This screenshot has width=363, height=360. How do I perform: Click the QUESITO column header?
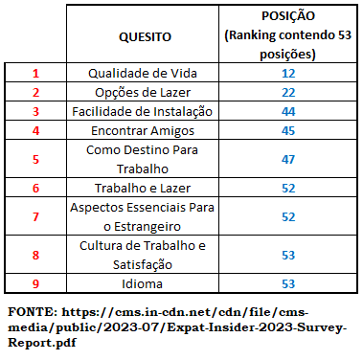tap(145, 37)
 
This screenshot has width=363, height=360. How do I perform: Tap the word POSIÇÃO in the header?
tap(288, 15)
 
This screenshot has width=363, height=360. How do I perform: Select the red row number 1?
tap(35, 74)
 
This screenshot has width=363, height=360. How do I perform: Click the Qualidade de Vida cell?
tap(143, 73)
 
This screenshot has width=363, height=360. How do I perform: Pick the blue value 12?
tap(288, 74)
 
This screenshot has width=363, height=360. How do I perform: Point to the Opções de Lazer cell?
tap(143, 93)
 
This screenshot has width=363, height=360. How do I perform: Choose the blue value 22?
tap(288, 93)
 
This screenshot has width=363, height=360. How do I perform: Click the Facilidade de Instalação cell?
tap(142, 112)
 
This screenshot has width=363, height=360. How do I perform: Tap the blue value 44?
tap(288, 112)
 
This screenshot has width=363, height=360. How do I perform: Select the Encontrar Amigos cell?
tap(143, 131)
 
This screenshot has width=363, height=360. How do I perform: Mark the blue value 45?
tap(288, 131)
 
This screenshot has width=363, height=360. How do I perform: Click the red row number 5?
tap(35, 159)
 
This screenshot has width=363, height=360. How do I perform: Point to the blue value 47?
tap(288, 159)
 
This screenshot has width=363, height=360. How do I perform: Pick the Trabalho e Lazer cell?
tap(143, 188)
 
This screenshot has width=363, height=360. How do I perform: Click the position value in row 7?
tap(288, 217)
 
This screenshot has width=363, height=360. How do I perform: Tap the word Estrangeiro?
tap(147, 227)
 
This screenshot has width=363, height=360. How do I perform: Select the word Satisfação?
tap(143, 265)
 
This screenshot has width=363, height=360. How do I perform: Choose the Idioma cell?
tap(142, 283)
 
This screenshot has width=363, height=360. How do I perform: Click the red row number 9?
tap(35, 284)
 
